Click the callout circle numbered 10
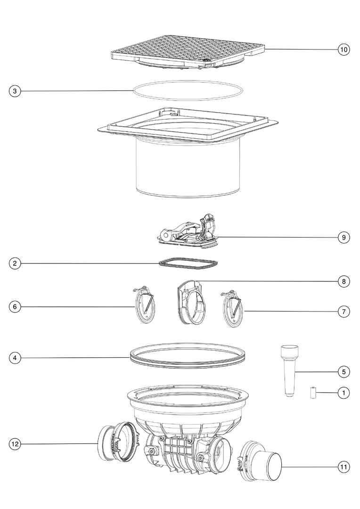[x=344, y=49]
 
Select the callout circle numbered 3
[x=15, y=91]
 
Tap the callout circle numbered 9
[x=344, y=237]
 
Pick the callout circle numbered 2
[x=15, y=263]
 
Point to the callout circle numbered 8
[x=344, y=281]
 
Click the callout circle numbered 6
[x=15, y=307]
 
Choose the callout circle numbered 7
[x=344, y=312]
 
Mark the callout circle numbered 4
[x=15, y=358]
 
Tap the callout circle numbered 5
[x=344, y=372]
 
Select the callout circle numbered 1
[x=344, y=393]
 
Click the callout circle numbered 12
[x=15, y=444]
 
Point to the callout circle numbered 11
[x=344, y=467]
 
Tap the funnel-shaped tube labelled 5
[x=289, y=371]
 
